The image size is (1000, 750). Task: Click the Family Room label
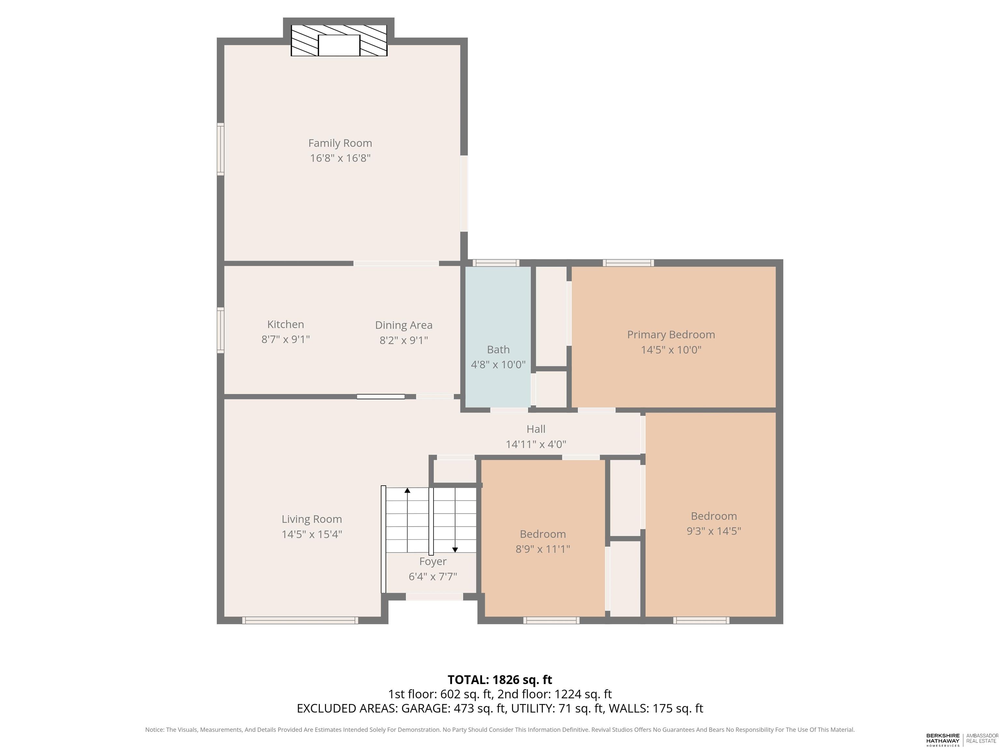340,143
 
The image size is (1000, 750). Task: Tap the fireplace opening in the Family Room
339,45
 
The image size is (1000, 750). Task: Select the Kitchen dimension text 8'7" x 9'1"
286,339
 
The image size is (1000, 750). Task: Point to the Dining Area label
404,325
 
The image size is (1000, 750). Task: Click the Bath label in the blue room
498,350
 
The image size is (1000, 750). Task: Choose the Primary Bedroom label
671,335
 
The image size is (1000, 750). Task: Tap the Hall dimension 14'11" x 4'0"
536,444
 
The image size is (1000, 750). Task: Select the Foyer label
433,562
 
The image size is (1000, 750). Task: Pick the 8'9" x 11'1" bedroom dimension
543,549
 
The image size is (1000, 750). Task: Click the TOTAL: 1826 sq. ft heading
500,679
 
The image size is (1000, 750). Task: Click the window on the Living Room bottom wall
300,620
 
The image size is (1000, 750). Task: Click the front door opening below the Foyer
434,597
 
